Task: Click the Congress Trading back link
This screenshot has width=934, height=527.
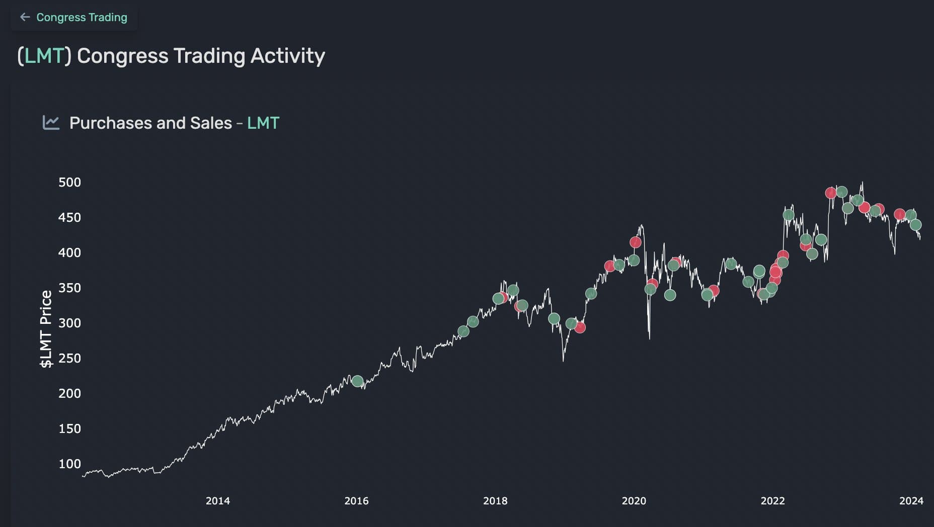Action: (82, 18)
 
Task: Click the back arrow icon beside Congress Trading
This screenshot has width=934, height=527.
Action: (25, 18)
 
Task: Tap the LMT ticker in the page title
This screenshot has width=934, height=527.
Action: (44, 56)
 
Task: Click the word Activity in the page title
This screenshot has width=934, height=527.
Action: (287, 56)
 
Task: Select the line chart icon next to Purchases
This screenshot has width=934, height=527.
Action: (51, 122)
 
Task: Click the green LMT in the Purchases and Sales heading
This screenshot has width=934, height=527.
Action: (263, 123)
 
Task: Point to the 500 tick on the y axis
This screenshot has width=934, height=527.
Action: (69, 183)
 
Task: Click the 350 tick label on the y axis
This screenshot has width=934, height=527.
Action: (69, 288)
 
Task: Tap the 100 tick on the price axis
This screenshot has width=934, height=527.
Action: (69, 464)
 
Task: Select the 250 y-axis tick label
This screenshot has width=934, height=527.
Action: (69, 359)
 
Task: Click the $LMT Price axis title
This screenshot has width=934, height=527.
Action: (46, 329)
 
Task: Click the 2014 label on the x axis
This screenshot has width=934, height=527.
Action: (217, 501)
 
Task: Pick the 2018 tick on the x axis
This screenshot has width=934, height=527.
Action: (495, 501)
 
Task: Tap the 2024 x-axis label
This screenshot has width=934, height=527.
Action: (911, 501)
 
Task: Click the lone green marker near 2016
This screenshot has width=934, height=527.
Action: (357, 381)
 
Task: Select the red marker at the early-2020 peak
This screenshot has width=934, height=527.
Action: (636, 242)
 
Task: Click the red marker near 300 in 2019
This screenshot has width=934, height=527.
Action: (580, 327)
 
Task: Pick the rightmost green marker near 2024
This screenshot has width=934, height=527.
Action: (915, 225)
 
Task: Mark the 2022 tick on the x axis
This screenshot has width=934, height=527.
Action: (772, 501)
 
